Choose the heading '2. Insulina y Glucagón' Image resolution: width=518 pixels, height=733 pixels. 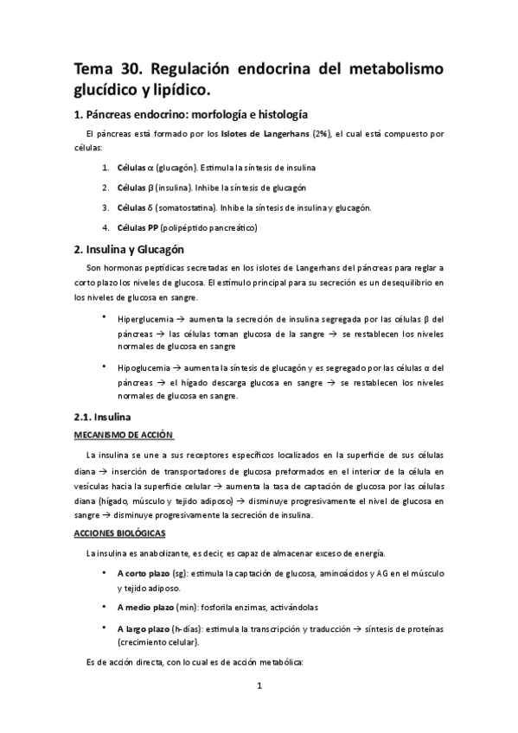[141, 249]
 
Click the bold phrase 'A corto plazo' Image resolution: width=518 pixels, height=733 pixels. [144, 574]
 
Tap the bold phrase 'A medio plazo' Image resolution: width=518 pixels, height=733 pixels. [145, 608]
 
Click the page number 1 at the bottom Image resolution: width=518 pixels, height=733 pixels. [259, 686]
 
